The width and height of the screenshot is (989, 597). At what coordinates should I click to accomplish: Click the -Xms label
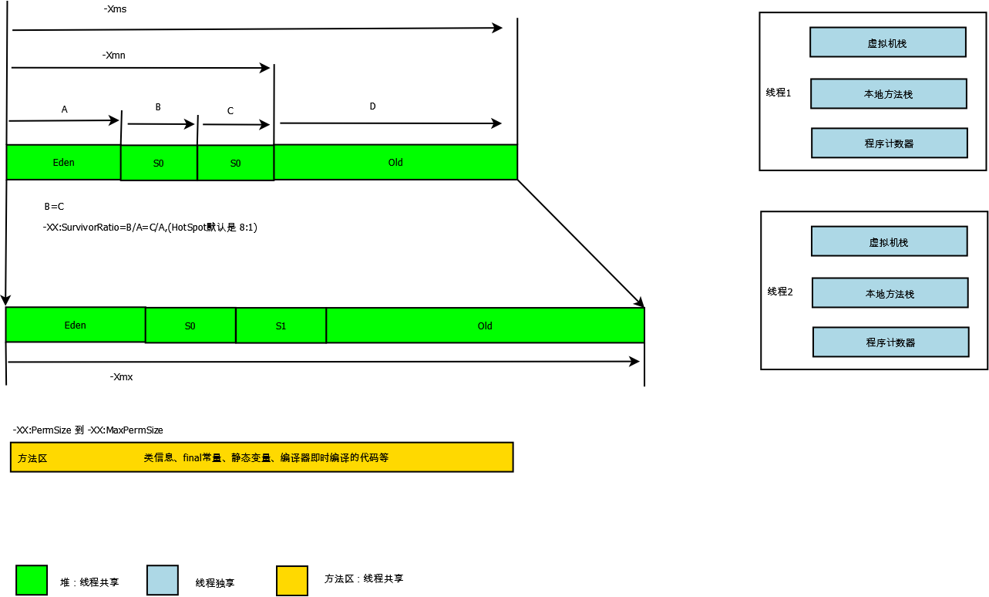(x=115, y=10)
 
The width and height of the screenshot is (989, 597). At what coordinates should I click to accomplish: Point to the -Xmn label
(x=113, y=56)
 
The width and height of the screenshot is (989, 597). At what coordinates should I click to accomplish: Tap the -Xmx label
(x=122, y=377)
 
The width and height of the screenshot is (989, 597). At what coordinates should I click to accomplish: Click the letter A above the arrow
(x=65, y=110)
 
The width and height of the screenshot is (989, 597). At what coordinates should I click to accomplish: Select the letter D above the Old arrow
(x=372, y=106)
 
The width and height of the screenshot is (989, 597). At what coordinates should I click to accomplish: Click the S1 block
(x=281, y=326)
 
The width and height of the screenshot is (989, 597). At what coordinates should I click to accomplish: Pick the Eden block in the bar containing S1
(x=76, y=325)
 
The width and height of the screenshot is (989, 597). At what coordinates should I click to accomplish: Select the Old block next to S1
(x=485, y=326)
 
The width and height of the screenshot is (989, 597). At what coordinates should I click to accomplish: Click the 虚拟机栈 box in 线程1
(x=887, y=42)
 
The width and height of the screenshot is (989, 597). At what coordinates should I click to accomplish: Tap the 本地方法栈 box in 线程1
(x=888, y=94)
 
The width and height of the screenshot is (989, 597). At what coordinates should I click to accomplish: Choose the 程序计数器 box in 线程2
(x=890, y=342)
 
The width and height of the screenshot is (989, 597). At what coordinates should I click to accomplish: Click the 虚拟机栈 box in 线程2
(x=889, y=242)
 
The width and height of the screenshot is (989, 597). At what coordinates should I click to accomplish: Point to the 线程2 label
(x=780, y=292)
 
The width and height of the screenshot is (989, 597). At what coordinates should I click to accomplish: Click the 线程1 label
(x=779, y=93)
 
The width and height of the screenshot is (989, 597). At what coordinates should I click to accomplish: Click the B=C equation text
(x=54, y=207)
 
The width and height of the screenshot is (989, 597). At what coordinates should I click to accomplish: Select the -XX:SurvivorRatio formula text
(x=150, y=228)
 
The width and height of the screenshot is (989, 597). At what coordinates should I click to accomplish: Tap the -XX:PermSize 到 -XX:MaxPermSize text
(x=88, y=430)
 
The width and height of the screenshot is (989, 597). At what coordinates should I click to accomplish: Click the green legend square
(x=32, y=580)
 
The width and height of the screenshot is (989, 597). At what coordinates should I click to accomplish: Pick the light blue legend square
(x=162, y=580)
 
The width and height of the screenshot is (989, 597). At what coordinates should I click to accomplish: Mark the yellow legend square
(x=292, y=581)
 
